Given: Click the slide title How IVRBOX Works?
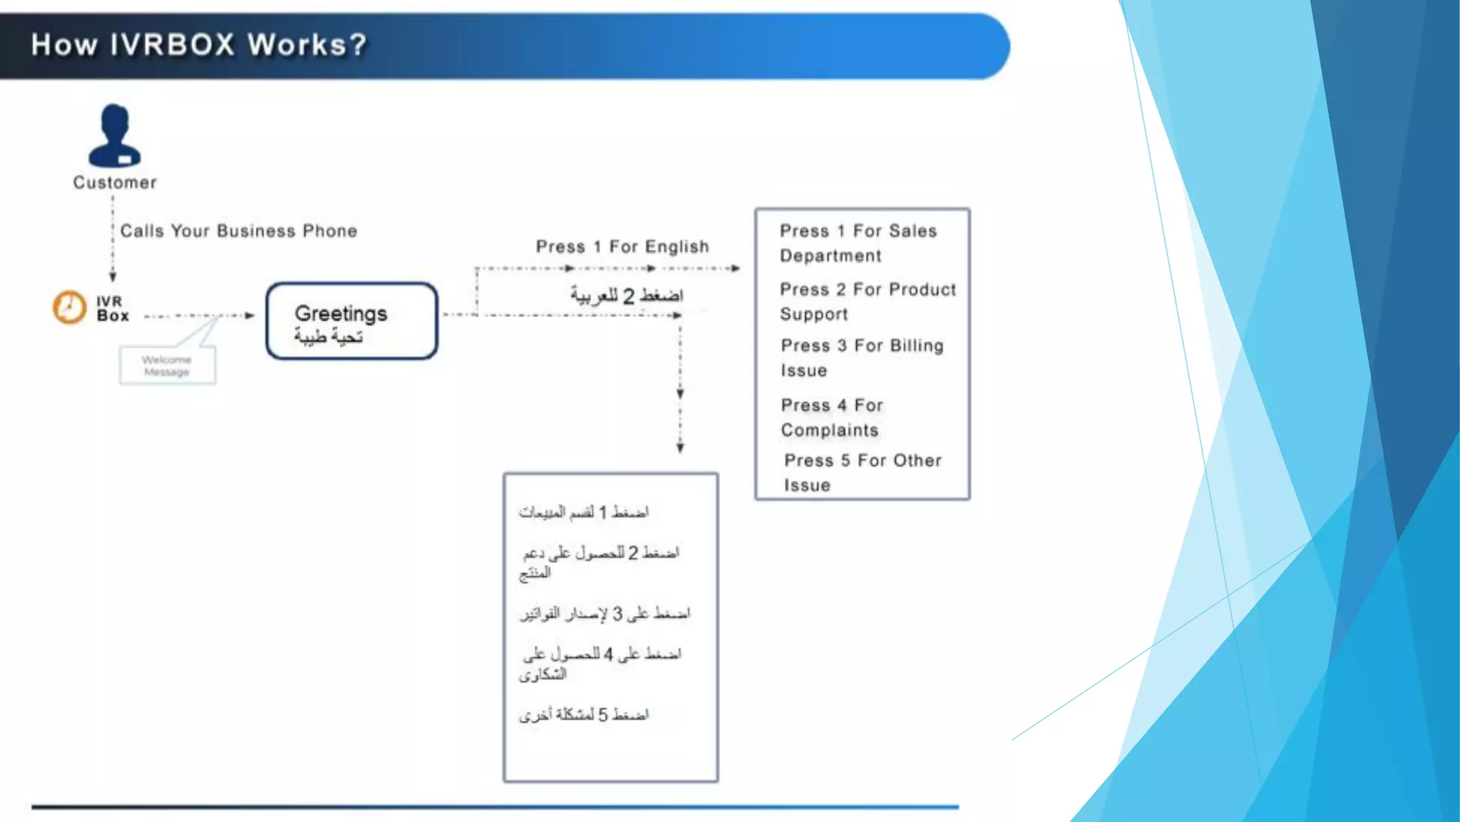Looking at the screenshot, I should (x=198, y=45).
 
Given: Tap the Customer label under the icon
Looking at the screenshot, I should (x=115, y=183).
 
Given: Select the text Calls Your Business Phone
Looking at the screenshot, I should (x=238, y=231).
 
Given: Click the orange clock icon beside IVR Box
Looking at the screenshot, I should (x=69, y=308).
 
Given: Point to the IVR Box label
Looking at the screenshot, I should (x=113, y=308).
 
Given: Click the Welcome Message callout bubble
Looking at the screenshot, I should (x=167, y=365).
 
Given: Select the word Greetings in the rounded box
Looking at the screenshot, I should (x=341, y=313).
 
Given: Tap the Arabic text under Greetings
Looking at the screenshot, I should (x=329, y=336).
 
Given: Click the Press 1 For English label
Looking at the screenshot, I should (x=622, y=247).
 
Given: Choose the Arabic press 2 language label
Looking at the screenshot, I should (x=626, y=295).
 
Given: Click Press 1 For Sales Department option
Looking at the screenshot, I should (x=858, y=243).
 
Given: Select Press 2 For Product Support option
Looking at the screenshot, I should (x=867, y=302).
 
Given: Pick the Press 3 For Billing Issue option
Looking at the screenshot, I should (x=861, y=358).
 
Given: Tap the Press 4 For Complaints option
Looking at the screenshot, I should (x=831, y=417).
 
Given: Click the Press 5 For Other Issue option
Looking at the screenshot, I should (x=862, y=472).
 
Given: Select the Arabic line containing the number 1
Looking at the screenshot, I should (x=584, y=512).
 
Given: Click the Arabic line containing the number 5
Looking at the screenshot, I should (x=584, y=715).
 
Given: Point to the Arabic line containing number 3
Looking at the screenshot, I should (x=605, y=614).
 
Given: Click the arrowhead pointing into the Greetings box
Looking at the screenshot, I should (x=250, y=315).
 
